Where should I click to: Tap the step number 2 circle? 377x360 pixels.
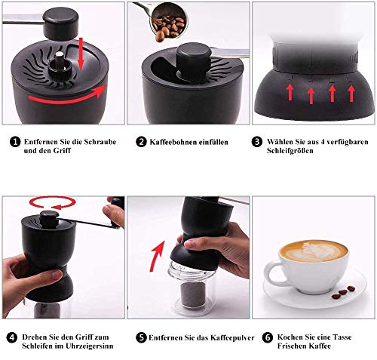pyautogui.click(x=141, y=141)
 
